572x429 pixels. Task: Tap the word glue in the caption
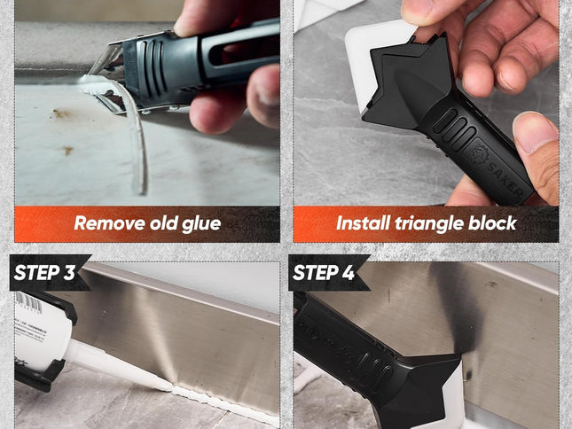(200, 223)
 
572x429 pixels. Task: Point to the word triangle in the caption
(432, 223)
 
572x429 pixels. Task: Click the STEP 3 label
(45, 273)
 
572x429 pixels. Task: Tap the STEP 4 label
(325, 273)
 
